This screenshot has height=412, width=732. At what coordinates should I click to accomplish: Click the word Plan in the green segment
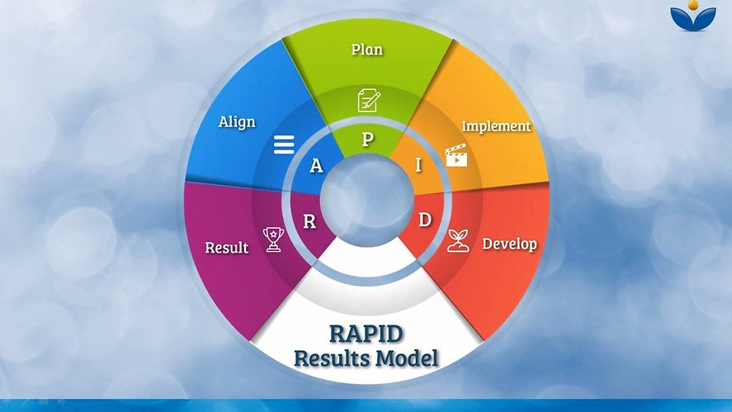[367, 49]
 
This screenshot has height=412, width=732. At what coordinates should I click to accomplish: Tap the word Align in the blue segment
[237, 122]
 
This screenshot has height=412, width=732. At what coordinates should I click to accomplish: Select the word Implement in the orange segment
[496, 126]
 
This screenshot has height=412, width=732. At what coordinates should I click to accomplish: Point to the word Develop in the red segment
[509, 244]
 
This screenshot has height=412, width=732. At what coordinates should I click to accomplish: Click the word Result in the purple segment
[227, 247]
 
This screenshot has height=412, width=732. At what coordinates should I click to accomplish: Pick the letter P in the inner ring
[368, 140]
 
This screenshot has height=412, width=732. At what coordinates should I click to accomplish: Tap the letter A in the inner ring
[316, 165]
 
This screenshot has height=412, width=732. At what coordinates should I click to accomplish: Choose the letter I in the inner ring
[418, 165]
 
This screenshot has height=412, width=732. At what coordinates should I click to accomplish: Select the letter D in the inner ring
[424, 220]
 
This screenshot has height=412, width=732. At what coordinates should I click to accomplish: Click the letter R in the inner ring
[309, 221]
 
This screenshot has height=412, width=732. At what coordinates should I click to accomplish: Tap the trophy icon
[273, 239]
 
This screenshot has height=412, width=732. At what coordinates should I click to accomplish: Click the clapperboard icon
[456, 155]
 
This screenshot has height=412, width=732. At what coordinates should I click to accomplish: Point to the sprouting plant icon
[458, 241]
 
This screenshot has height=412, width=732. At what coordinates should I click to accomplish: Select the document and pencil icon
[369, 100]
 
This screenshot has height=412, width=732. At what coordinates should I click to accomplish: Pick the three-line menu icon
[284, 144]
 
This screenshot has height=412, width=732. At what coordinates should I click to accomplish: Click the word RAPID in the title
[366, 334]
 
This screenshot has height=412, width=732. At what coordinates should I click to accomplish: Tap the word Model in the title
[408, 358]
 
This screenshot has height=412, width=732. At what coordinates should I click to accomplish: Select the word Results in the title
[333, 358]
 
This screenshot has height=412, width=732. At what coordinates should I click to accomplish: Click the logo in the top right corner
[693, 17]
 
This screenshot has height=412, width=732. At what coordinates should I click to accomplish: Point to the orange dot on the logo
[693, 5]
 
